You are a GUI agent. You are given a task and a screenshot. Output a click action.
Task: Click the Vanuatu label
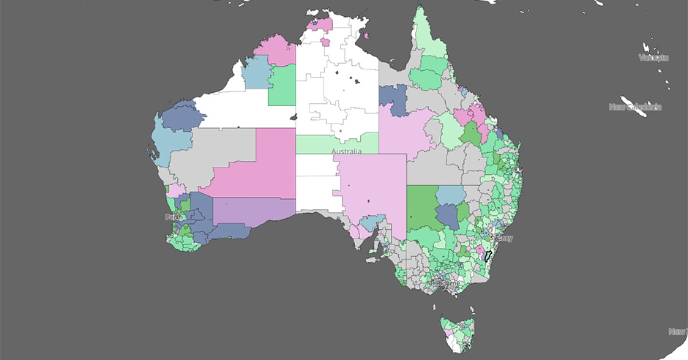click(653, 57)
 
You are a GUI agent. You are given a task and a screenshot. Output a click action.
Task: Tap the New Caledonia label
click(635, 107)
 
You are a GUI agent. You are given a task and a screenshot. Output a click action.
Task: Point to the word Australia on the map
click(346, 151)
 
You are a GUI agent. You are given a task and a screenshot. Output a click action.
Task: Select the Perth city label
click(173, 217)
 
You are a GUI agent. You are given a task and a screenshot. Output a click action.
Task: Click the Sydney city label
click(504, 239)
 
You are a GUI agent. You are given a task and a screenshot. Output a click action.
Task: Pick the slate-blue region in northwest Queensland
click(393, 99)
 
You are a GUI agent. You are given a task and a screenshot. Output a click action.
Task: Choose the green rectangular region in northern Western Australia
click(282, 86)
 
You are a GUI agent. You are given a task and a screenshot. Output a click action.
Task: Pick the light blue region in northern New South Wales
click(452, 195)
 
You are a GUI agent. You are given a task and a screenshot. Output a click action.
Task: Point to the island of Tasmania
click(457, 333)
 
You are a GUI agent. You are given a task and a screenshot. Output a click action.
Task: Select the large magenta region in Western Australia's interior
click(256, 165)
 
